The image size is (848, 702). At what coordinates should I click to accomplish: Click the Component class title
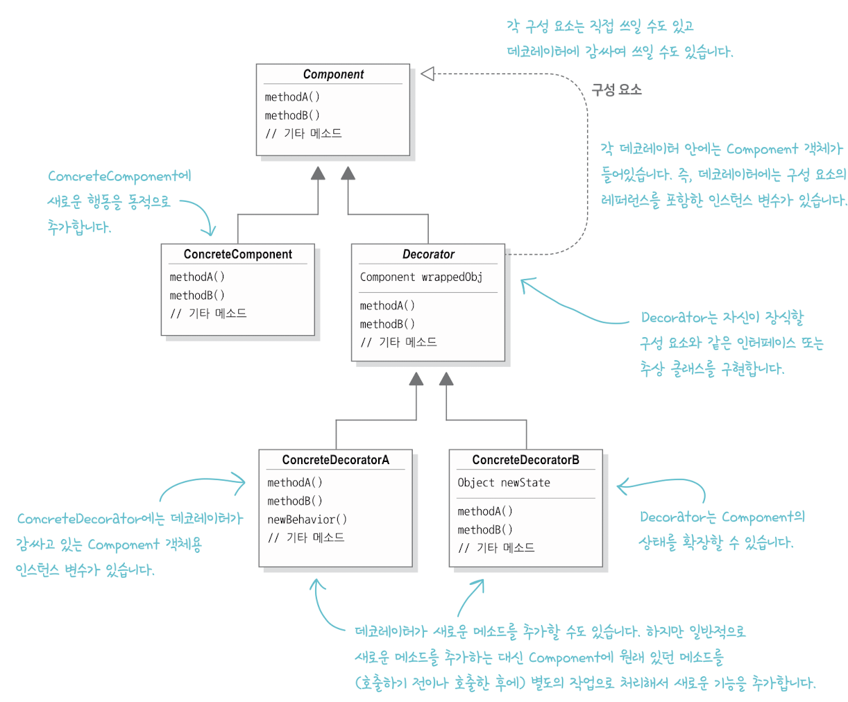pyautogui.click(x=333, y=74)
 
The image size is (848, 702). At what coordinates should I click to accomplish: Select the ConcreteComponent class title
pyautogui.click(x=237, y=255)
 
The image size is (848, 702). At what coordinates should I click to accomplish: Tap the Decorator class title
pyautogui.click(x=428, y=255)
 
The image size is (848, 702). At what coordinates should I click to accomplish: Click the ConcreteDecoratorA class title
pyautogui.click(x=336, y=460)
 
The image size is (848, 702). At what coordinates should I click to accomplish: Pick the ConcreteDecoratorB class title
pyautogui.click(x=525, y=460)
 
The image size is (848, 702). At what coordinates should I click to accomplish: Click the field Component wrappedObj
pyautogui.click(x=421, y=277)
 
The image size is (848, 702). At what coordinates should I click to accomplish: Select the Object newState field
pyautogui.click(x=504, y=483)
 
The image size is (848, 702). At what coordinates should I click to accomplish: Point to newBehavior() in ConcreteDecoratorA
pyautogui.click(x=307, y=520)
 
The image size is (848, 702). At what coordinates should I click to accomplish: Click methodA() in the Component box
pyautogui.click(x=292, y=97)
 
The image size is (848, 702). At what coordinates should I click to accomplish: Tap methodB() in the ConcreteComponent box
pyautogui.click(x=197, y=296)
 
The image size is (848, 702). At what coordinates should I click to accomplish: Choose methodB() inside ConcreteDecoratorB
pyautogui.click(x=485, y=530)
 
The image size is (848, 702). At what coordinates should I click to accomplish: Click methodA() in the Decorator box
pyautogui.click(x=387, y=306)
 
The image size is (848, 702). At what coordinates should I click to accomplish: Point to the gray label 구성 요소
pyautogui.click(x=616, y=89)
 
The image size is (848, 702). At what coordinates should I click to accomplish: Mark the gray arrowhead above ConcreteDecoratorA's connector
pyautogui.click(x=416, y=379)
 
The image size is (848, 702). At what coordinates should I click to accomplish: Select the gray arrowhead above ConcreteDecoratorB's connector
pyautogui.click(x=446, y=379)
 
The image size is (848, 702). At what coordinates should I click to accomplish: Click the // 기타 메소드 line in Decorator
pyautogui.click(x=398, y=342)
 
